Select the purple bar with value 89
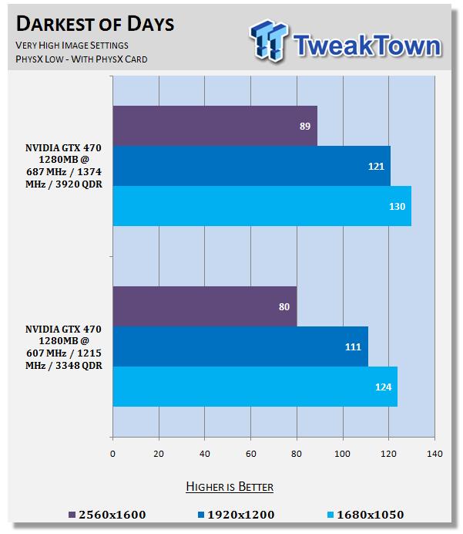[215, 126]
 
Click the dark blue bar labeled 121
[251, 166]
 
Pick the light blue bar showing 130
[262, 206]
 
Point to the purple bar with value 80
[204, 306]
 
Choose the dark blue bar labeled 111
[240, 346]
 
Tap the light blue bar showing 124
[255, 387]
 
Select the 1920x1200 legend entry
[237, 514]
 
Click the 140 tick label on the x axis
[434, 454]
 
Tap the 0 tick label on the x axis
[113, 454]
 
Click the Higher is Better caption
[230, 487]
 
